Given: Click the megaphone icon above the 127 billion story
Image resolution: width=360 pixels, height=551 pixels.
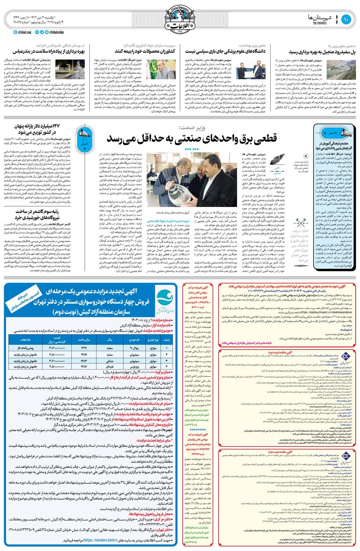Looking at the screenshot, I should [84, 135].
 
